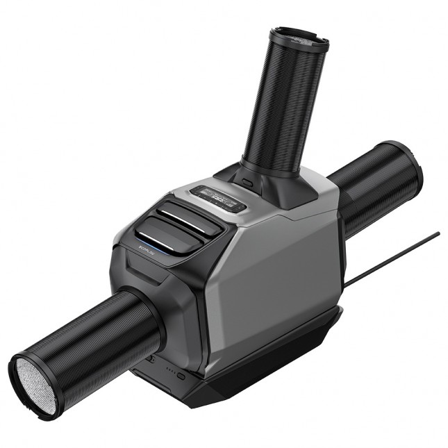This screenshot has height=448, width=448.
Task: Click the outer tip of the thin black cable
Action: [x=438, y=234]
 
